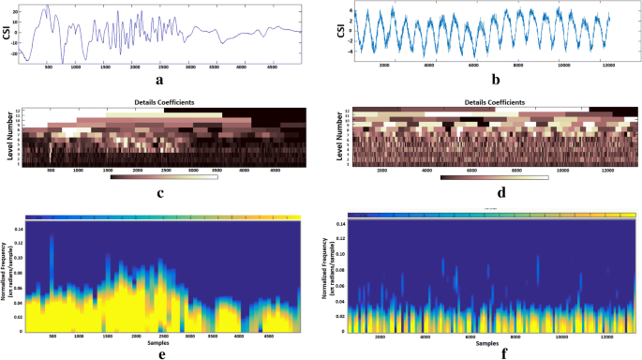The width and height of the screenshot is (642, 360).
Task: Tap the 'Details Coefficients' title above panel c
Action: tap(163, 103)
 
